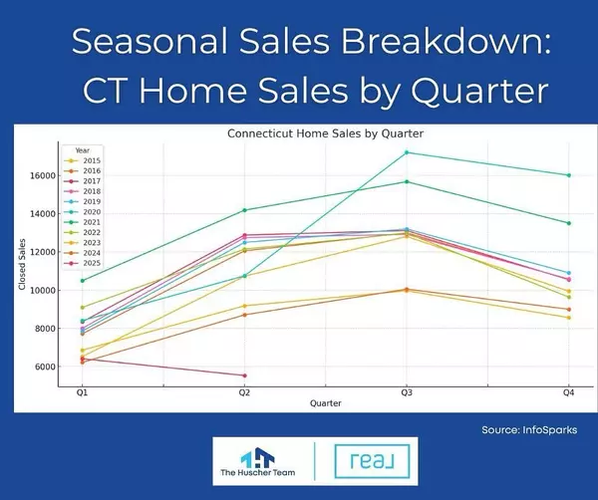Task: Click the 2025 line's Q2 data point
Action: [244, 375]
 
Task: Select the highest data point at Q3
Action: [407, 152]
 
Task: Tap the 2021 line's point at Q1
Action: [83, 281]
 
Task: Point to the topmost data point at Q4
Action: [569, 175]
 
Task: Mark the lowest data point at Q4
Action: [569, 318]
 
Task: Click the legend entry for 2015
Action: [88, 160]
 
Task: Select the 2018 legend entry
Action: [88, 190]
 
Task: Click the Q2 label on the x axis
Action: [244, 394]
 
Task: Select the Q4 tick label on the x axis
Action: [569, 394]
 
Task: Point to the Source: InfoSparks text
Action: [529, 431]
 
